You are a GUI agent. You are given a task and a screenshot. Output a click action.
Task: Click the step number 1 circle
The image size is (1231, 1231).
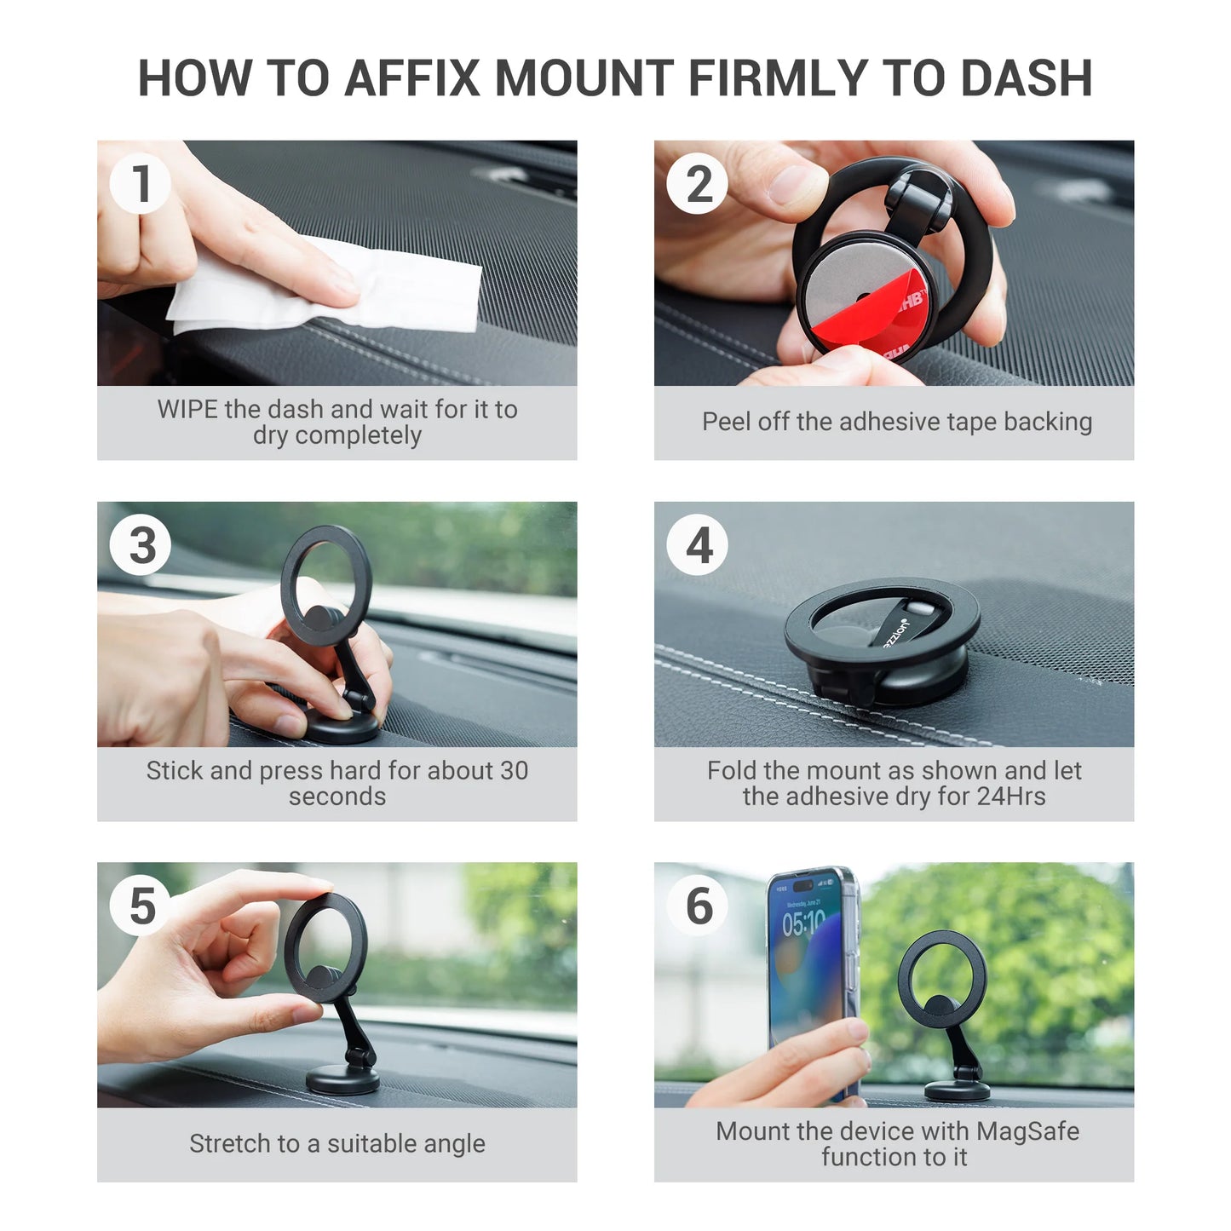[x=141, y=184]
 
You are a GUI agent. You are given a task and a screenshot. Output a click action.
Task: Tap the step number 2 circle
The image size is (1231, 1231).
[x=698, y=184]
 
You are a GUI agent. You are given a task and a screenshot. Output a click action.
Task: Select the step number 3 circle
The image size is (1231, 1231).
[x=141, y=545]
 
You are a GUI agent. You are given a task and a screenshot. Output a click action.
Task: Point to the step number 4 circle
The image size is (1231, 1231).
[x=698, y=545]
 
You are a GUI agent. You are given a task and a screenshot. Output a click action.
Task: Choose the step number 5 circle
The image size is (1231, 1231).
[x=141, y=906]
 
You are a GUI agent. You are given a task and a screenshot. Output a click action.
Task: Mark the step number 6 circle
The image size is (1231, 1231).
[x=698, y=906]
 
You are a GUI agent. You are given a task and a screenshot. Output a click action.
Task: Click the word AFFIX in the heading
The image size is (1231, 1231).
[x=412, y=78]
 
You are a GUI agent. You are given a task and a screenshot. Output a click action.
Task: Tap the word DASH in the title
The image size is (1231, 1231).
[x=1027, y=78]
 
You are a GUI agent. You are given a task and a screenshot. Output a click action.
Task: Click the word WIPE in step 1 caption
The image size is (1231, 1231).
[x=187, y=410]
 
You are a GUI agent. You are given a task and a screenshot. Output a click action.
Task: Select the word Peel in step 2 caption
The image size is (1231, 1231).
[x=727, y=422]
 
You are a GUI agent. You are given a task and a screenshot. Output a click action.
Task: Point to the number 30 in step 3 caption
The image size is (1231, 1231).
[x=514, y=771]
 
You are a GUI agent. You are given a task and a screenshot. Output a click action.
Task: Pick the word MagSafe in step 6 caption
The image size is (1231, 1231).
[x=1027, y=1131]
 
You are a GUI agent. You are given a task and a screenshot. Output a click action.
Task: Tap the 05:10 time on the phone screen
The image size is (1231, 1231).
[x=803, y=923]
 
